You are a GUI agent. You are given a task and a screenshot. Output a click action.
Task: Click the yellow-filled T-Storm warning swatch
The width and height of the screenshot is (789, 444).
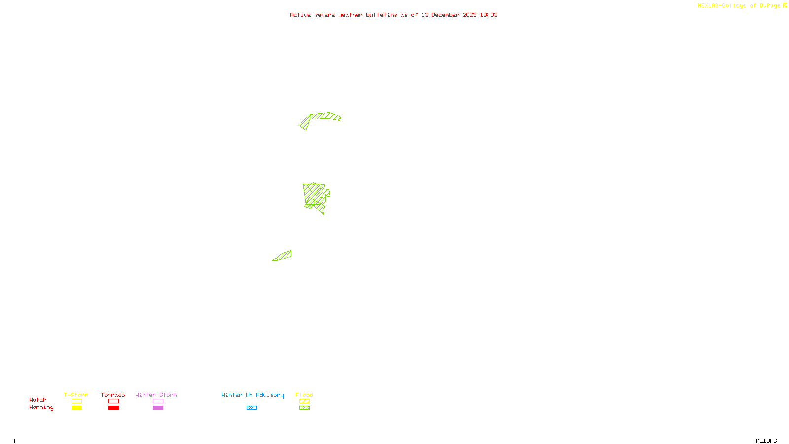point(76,408)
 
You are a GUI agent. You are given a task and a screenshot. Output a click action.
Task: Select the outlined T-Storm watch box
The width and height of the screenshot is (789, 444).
point(76,401)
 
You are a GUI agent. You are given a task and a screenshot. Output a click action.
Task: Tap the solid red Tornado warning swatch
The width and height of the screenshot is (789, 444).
point(113,408)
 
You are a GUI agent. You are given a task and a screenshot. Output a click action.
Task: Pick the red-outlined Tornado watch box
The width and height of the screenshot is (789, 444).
point(113,401)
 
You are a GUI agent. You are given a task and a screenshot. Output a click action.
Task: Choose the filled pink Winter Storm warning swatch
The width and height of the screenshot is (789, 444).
point(158,408)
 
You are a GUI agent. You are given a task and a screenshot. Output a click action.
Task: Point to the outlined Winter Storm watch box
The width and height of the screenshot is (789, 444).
point(158,401)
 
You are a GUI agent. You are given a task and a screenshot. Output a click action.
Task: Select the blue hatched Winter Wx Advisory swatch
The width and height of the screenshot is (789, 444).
point(251,408)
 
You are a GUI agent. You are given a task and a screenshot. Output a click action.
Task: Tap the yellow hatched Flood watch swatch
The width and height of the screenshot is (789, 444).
point(304,401)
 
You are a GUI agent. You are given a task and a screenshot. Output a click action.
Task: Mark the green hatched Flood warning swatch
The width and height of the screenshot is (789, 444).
point(304,408)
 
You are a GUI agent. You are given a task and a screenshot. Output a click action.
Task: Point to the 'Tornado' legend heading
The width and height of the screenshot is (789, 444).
point(113,395)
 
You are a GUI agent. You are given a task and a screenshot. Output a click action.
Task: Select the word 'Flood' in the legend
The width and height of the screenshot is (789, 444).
point(304,395)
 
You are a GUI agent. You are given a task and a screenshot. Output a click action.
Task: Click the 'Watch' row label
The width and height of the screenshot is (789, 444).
point(38,400)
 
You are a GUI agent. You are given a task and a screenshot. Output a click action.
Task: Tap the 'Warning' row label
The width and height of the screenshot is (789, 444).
point(41,407)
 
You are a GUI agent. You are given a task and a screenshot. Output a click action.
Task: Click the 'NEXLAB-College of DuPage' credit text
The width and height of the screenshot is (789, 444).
point(739,6)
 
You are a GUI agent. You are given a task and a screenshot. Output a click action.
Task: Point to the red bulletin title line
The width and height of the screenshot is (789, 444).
point(394,15)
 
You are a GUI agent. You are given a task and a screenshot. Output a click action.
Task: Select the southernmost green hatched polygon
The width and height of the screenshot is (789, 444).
point(283,256)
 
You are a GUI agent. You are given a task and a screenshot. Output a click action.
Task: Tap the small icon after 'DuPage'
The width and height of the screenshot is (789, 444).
point(785,5)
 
